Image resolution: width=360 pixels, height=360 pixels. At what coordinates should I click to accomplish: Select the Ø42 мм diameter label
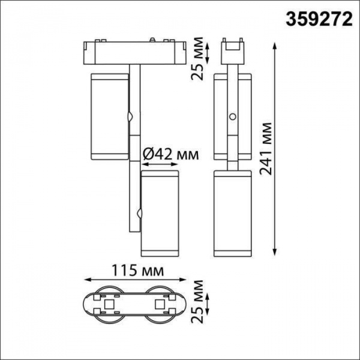pyautogui.click(x=170, y=155)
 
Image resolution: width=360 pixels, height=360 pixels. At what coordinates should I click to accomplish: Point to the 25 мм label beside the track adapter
pyautogui.click(x=202, y=58)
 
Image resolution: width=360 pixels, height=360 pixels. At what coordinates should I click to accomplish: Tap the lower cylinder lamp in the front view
pyautogui.click(x=160, y=213)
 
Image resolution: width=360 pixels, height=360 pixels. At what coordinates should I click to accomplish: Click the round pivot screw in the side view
pyautogui.click(x=232, y=118)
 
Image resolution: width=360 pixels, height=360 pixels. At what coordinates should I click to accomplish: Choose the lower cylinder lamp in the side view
pyautogui.click(x=232, y=213)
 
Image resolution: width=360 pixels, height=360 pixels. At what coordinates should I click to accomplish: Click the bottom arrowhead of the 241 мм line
pyautogui.click(x=275, y=252)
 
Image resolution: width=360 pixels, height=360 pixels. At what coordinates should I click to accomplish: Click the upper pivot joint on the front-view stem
pyautogui.click(x=130, y=117)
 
